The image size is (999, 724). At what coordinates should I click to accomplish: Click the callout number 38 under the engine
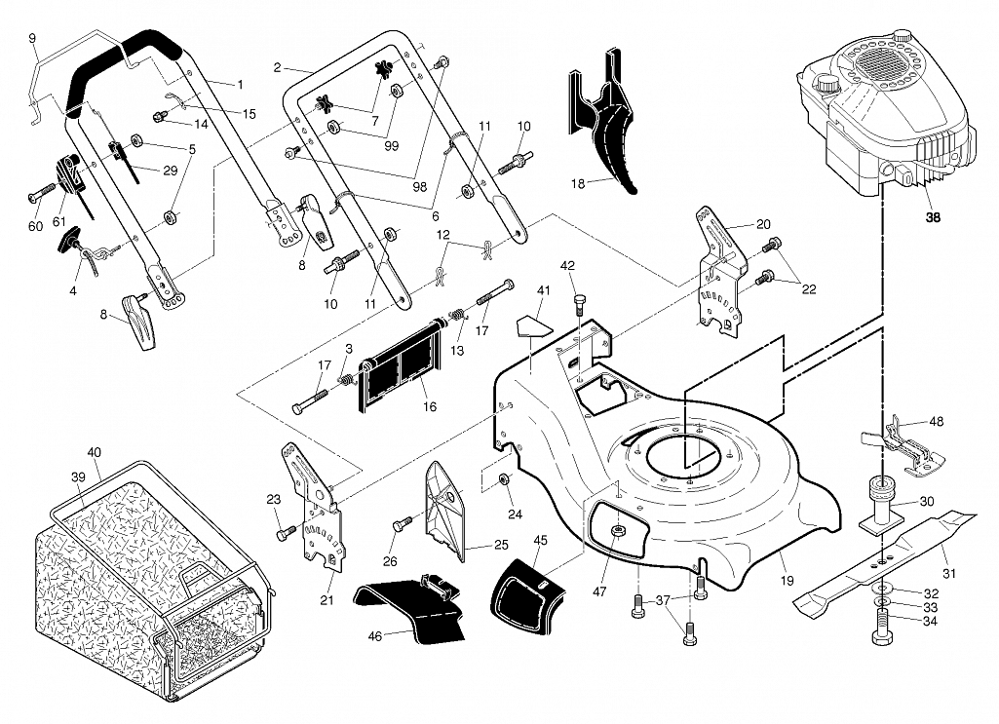tap(933, 217)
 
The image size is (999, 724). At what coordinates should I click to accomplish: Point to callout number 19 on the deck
tap(787, 580)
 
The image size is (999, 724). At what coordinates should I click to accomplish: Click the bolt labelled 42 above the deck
tap(579, 303)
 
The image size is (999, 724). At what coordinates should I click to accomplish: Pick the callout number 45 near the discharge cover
tap(540, 540)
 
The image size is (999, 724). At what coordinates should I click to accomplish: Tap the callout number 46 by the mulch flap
tap(375, 635)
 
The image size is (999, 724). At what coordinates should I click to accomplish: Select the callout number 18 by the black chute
tap(577, 184)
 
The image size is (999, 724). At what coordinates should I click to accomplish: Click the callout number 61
tap(59, 221)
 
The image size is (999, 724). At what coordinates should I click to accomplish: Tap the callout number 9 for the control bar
tap(32, 38)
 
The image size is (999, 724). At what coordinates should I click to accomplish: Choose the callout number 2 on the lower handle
tap(277, 67)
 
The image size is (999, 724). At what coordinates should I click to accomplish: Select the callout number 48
tap(937, 421)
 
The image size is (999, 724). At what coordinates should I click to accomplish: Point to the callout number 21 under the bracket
tap(327, 600)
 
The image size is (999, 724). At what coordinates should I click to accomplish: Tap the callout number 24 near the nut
tap(515, 514)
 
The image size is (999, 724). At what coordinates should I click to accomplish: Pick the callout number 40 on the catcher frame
tap(95, 453)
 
